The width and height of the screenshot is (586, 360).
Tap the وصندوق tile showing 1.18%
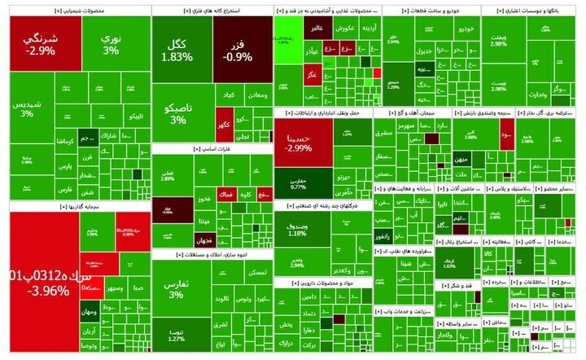click(x=300, y=228)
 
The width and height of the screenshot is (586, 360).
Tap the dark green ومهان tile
click(x=89, y=312)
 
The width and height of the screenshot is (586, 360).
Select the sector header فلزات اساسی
click(x=212, y=149)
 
